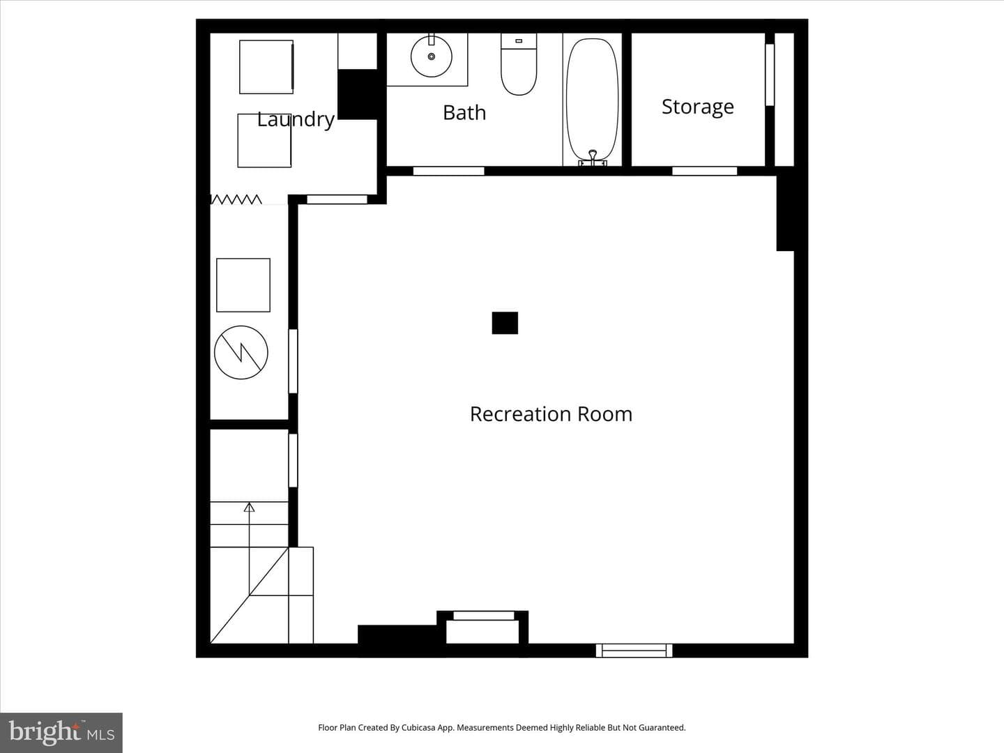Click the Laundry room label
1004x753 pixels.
click(x=296, y=119)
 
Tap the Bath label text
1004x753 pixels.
click(x=464, y=112)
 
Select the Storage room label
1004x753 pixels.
click(x=697, y=107)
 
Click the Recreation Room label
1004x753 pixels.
click(x=552, y=414)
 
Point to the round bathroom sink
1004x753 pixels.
click(x=432, y=56)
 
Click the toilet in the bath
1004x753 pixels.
click(x=519, y=64)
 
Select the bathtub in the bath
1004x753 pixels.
click(x=593, y=99)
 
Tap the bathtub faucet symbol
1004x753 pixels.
click(x=593, y=158)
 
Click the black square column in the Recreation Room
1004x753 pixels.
click(x=505, y=323)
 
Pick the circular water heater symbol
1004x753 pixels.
click(x=241, y=353)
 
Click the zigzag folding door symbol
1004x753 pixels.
click(x=236, y=199)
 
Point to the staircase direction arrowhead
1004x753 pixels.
click(x=249, y=507)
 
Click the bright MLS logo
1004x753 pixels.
click(x=61, y=733)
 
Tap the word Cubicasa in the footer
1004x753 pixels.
click(x=419, y=727)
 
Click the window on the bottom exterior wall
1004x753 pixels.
click(x=634, y=650)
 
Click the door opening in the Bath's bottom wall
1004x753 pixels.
click(x=449, y=171)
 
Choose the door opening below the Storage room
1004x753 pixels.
click(x=704, y=171)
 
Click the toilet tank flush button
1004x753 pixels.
click(x=519, y=40)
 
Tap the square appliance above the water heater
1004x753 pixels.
click(x=243, y=285)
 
